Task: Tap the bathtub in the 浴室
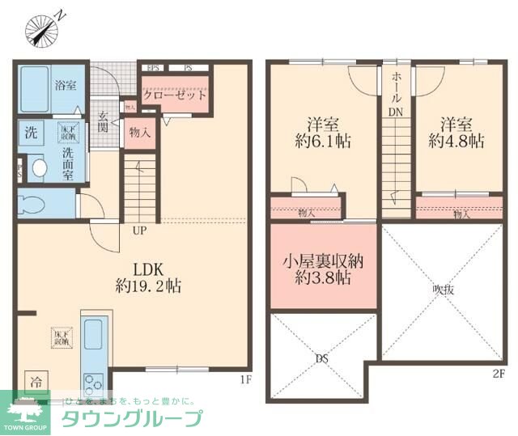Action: pyautogui.click(x=36, y=89)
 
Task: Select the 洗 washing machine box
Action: pyautogui.click(x=30, y=132)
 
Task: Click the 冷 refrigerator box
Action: pyautogui.click(x=35, y=380)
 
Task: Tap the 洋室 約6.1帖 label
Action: pyautogui.click(x=321, y=132)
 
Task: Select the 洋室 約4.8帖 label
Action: pyautogui.click(x=462, y=132)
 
